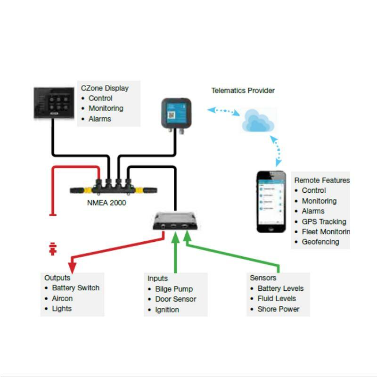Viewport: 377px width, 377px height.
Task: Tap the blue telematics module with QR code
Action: (176, 114)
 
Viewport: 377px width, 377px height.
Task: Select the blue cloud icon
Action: (257, 120)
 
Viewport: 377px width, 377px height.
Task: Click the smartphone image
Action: (271, 202)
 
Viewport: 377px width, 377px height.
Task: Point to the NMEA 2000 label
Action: (107, 203)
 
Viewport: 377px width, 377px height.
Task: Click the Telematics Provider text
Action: (243, 90)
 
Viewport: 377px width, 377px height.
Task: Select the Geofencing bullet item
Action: (320, 242)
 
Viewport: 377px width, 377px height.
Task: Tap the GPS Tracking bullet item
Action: (324, 221)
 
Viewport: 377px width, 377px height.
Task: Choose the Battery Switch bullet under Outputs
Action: (75, 288)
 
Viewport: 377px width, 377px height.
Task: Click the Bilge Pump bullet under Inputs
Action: (174, 289)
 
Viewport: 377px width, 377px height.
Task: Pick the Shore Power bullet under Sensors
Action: (278, 309)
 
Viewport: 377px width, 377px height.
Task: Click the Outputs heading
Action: (57, 278)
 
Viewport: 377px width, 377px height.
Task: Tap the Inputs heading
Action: (157, 279)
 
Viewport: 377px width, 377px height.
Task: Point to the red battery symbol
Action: (53, 248)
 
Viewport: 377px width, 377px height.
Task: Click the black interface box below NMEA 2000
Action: (175, 221)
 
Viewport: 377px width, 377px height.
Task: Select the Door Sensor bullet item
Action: (175, 299)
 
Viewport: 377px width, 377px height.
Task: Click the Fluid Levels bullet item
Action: (277, 299)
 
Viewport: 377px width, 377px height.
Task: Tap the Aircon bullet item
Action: (62, 298)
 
